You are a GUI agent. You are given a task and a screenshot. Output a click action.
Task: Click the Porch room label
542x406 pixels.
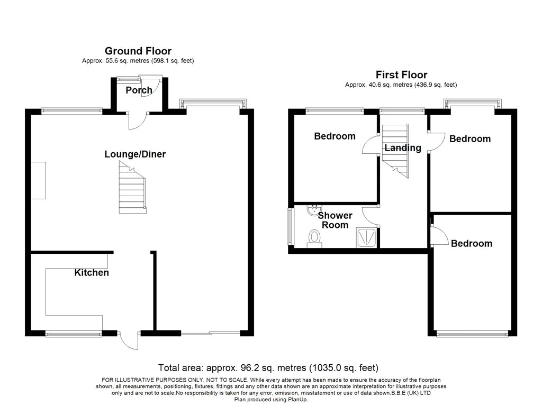tap(139, 90)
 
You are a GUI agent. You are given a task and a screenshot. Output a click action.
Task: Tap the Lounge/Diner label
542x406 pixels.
tap(135, 154)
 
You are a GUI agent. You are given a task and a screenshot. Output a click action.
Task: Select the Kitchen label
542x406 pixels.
tap(92, 272)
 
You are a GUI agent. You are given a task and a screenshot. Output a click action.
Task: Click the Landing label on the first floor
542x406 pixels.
tap(403, 148)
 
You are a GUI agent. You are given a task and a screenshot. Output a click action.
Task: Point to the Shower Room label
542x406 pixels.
tap(335, 220)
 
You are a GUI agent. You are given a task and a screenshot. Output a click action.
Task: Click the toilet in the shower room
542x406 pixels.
tap(314, 239)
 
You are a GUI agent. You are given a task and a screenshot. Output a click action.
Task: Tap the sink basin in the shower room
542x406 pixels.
tap(314, 210)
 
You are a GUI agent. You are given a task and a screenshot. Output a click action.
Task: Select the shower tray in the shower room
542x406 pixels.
tap(366, 237)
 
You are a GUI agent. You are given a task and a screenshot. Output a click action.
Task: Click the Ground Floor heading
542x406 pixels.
tap(138, 51)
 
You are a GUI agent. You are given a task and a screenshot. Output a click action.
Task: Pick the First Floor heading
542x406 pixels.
tap(401, 75)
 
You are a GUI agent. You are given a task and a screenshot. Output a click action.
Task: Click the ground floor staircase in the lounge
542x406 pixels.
tap(132, 188)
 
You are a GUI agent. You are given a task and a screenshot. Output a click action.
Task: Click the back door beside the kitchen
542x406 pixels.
tap(129, 340)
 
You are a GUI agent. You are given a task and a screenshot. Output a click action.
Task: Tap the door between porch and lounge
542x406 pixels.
tap(138, 121)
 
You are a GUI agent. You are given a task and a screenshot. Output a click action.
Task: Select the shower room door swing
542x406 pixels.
tap(371, 216)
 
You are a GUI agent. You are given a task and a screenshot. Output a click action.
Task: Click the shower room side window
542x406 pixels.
tap(290, 226)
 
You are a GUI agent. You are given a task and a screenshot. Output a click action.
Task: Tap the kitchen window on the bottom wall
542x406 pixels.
tap(73, 334)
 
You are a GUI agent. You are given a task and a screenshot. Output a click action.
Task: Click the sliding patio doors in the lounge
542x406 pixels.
tap(211, 333)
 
